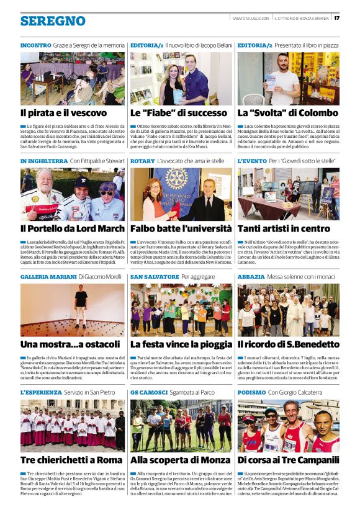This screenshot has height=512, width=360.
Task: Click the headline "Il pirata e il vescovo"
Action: pos(63,113)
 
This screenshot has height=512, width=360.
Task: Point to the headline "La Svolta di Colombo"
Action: pos(287,113)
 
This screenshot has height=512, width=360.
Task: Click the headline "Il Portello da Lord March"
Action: pos(72,228)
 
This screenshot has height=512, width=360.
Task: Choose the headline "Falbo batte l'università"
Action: pos(181,228)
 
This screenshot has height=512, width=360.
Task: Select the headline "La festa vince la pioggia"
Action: pos(181,343)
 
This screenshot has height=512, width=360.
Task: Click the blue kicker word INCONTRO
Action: pos(35,45)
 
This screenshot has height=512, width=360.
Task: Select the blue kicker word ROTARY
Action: pos(142,161)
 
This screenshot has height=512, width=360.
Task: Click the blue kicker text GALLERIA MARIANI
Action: pos(47,276)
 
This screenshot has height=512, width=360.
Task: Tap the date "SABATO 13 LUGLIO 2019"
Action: pos(250,17)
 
